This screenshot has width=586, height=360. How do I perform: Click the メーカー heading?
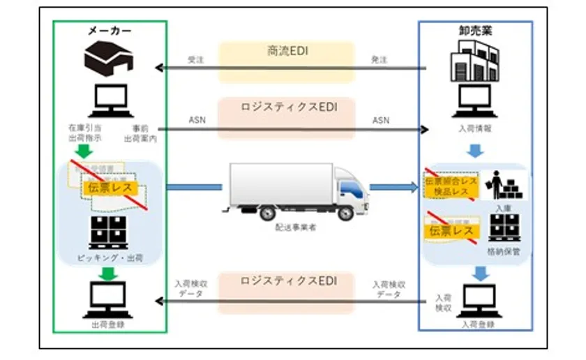point(110,31)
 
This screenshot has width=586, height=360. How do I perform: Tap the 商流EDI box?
point(287,52)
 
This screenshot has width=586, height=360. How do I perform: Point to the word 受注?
point(195,60)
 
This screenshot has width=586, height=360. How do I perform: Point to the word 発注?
point(380,60)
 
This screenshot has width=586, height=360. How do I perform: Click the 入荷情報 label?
point(475,128)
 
